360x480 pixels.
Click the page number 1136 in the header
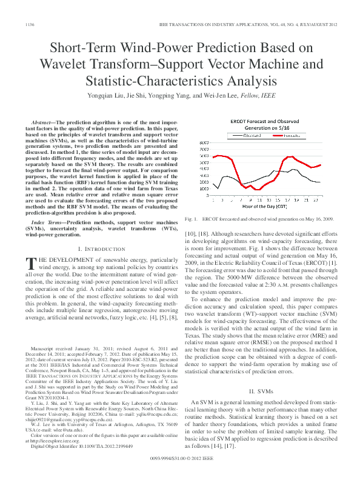pos(28,24)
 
